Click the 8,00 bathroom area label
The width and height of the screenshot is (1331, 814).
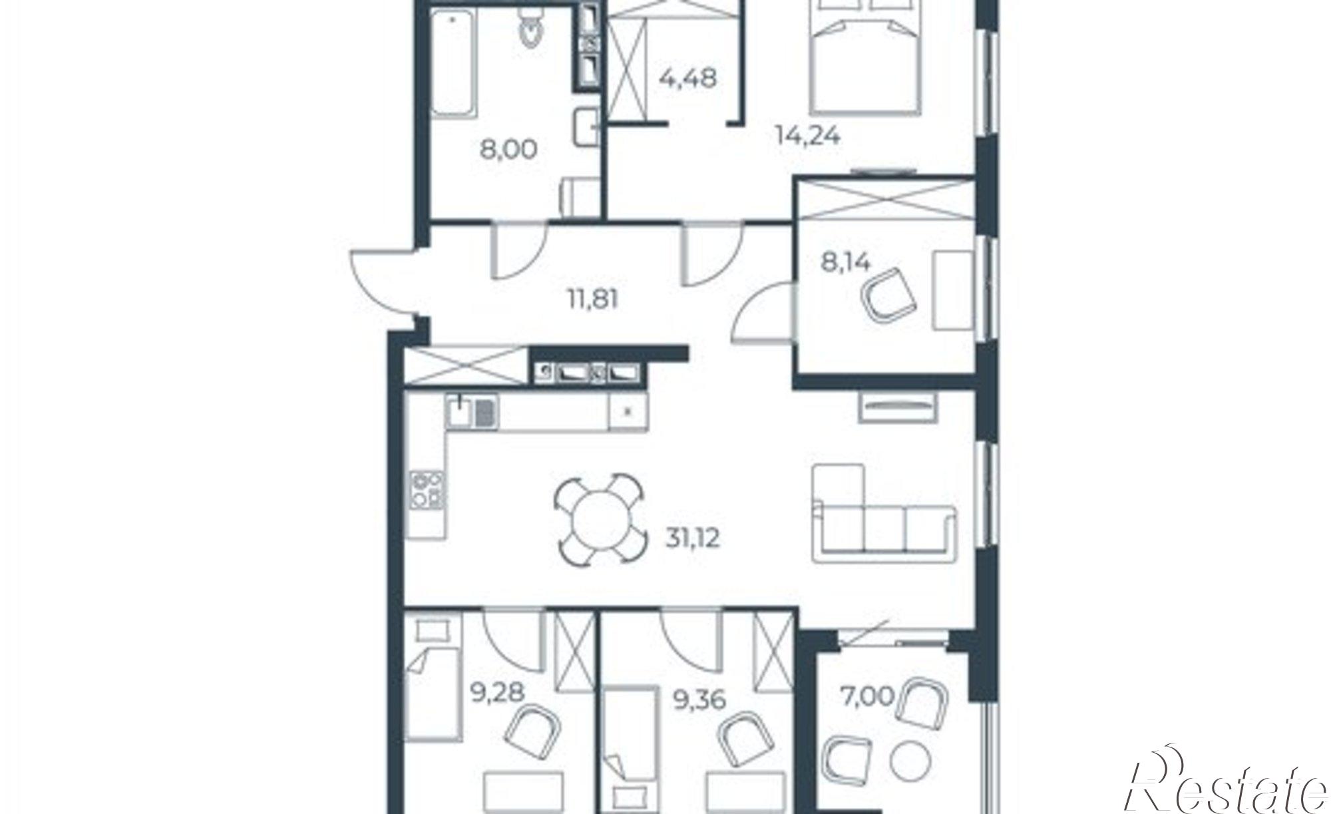[508, 149]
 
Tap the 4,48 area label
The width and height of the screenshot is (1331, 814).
[688, 79]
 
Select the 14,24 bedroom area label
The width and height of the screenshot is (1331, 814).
[808, 136]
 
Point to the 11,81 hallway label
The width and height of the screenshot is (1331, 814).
[592, 300]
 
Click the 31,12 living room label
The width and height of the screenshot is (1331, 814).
[692, 538]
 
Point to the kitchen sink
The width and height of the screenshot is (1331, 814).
[471, 411]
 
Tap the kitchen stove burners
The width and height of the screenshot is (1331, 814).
[426, 490]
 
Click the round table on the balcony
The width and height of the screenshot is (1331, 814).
[908, 761]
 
